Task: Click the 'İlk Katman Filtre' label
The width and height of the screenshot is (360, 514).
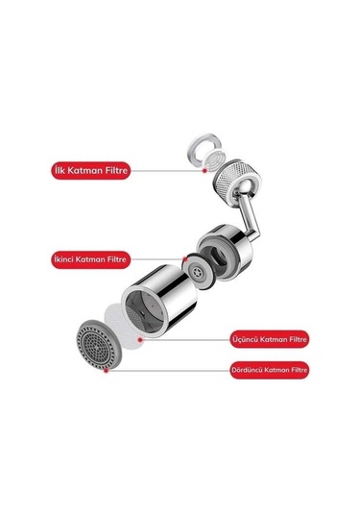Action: [91, 170]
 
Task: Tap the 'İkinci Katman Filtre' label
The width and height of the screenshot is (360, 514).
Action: [91, 259]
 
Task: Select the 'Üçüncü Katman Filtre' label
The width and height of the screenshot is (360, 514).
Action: [269, 339]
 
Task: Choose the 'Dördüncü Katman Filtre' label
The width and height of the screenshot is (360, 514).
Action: [269, 370]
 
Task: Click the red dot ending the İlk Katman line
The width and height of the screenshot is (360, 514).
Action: [204, 170]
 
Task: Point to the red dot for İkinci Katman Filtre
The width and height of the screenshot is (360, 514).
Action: [185, 259]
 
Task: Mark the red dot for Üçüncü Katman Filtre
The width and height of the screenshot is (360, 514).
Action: [140, 340]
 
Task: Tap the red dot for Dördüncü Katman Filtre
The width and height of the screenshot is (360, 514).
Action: [106, 371]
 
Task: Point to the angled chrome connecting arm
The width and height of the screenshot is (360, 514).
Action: [249, 220]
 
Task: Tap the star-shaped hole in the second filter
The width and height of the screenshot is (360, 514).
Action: [197, 272]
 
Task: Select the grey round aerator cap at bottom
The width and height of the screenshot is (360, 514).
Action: [99, 345]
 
